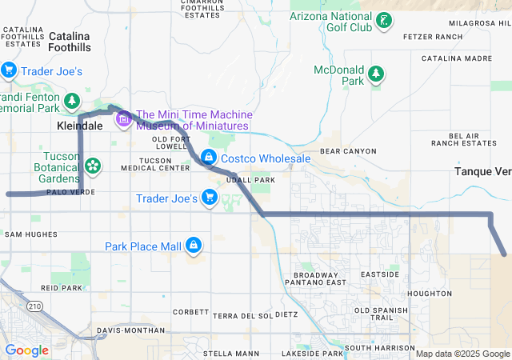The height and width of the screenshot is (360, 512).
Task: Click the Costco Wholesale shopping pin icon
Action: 209,157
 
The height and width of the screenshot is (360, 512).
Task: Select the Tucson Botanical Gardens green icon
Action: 94,166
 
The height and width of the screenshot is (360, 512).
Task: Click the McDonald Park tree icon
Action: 376,75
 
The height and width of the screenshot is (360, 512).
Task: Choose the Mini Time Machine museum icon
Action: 123,120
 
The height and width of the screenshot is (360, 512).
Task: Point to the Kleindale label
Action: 78,126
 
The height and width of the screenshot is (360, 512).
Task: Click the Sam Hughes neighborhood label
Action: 31,234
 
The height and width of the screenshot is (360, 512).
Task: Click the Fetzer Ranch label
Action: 433,37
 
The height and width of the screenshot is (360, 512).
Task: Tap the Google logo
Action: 27,350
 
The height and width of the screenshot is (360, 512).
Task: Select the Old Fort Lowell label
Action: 169,143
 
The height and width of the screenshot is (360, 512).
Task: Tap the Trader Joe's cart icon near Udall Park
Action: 210,197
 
